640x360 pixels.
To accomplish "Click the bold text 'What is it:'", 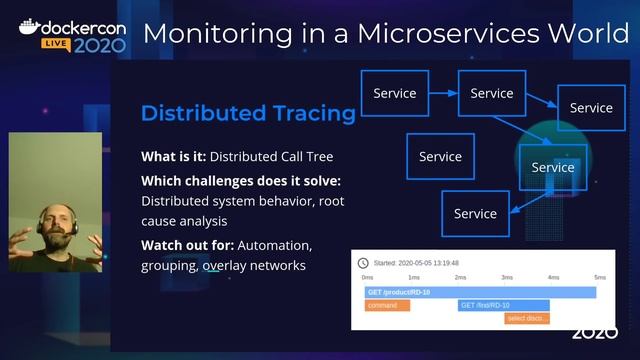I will coord(173,156).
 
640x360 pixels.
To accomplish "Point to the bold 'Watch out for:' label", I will coord(187,245).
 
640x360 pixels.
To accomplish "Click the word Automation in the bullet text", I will coord(276,245).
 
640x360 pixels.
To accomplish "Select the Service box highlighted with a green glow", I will coord(552,167).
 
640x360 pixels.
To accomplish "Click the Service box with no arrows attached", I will coord(440,156).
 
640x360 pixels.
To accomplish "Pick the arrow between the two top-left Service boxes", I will coord(443,93).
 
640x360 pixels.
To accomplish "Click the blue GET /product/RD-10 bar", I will coord(480,292).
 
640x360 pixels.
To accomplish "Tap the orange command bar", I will coord(387,305).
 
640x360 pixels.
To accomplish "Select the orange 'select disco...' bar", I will coord(526,318).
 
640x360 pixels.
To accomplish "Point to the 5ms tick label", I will coord(599,277).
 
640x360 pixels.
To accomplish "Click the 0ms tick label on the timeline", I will coord(367,277).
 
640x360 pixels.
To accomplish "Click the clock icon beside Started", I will coord(363,262).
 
